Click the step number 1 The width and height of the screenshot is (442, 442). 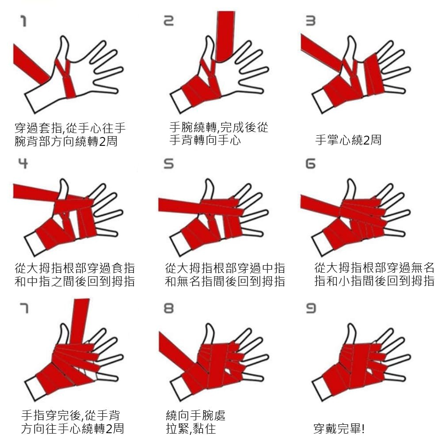coord(24,21)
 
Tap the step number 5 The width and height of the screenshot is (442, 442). coord(169,164)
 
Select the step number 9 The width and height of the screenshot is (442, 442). coord(311,309)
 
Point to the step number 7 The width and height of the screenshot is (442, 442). coord(24,308)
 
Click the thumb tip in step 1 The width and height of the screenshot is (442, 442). coord(65,38)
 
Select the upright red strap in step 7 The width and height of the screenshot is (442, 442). coord(79,321)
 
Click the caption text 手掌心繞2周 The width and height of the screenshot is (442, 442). coord(348,140)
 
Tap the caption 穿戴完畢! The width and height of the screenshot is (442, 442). coord(339,429)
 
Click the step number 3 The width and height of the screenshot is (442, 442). coord(311,21)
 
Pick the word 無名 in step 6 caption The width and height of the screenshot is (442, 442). coord(422,268)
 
